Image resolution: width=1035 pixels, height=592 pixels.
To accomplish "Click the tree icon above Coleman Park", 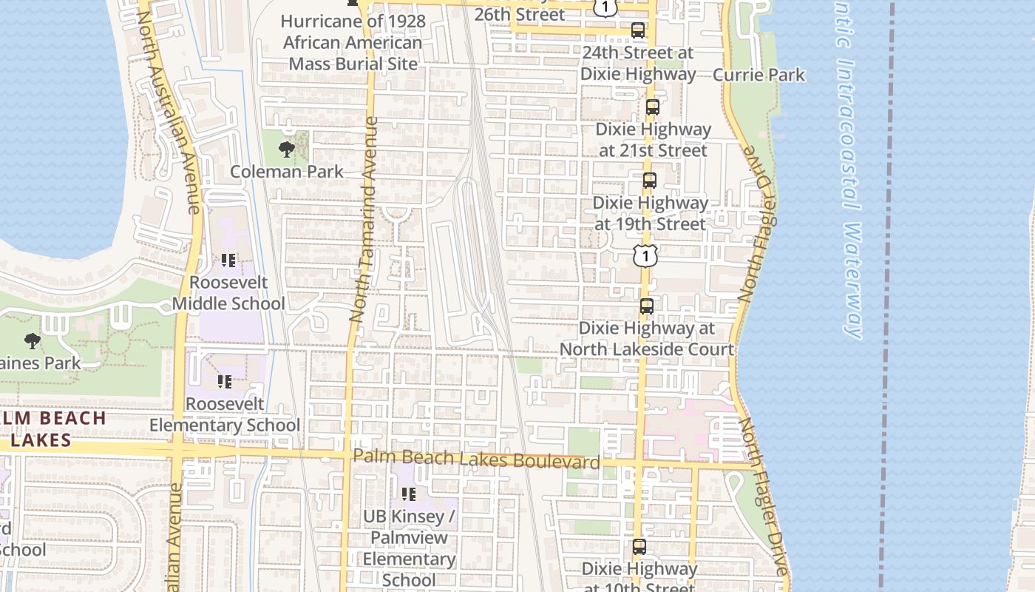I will coord(286,150).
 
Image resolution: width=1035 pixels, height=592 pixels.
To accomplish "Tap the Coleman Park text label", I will coord(287,172).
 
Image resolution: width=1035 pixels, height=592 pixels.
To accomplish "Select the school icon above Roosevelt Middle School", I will coord(228,260).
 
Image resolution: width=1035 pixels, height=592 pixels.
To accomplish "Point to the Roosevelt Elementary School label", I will coord(225,414).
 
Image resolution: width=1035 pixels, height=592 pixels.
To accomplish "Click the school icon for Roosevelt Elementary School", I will coord(225,382).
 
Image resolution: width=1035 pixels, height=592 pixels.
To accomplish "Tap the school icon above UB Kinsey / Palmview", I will coord(408,494).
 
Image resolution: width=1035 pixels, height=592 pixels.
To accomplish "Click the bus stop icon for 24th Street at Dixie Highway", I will coord(637,30).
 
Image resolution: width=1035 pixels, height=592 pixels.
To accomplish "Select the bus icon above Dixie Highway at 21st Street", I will coord(652,107).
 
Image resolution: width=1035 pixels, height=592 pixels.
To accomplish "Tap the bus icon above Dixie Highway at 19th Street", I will coord(649,181).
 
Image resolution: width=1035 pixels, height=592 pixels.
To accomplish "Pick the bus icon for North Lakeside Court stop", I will coord(646,306).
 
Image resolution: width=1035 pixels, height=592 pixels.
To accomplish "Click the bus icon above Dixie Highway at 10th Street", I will coord(639,547).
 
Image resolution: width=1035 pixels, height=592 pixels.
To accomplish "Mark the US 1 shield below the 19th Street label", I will coord(645,256).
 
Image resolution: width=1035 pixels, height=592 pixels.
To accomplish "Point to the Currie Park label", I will coord(759,75).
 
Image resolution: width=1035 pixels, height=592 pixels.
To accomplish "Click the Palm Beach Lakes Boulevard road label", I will coord(476,460).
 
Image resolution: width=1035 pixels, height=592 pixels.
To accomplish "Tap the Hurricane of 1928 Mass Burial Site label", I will coord(353,42).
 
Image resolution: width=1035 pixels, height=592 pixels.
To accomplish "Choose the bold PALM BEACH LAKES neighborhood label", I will coord(53,429).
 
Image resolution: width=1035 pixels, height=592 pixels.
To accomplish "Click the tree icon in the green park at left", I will coord(32,341).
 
